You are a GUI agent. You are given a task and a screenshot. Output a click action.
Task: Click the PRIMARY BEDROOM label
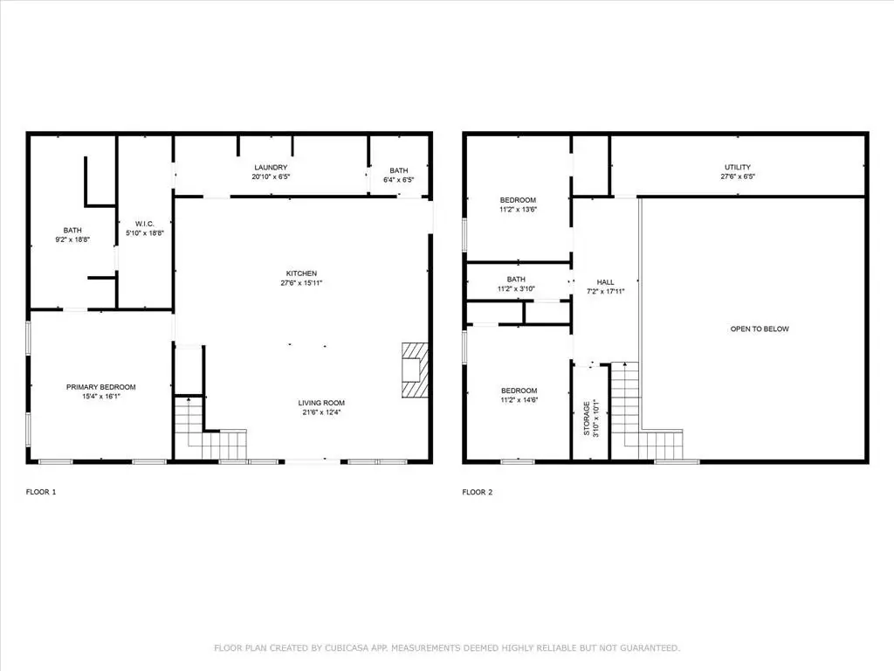coord(101,387)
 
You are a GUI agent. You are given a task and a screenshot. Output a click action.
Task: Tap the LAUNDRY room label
coord(271,167)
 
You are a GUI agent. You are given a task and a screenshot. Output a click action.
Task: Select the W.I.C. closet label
coord(145,224)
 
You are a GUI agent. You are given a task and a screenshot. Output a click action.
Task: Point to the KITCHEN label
coord(301,273)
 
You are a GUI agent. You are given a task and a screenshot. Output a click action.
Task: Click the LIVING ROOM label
coord(321,403)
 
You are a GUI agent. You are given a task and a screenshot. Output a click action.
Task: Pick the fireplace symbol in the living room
coord(415,370)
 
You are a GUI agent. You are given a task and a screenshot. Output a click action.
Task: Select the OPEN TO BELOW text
coord(760,329)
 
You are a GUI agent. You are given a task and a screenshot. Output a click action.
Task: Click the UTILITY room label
coord(738,167)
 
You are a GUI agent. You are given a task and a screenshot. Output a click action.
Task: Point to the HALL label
coord(606,282)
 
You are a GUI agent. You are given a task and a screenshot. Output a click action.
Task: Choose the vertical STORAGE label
coord(587,419)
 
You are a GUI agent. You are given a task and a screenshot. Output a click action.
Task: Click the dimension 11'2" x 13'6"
coord(519,210)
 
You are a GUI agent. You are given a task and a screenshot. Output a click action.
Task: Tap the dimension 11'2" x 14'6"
coord(519,400)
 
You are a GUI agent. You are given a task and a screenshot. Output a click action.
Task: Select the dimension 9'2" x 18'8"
coord(72,239)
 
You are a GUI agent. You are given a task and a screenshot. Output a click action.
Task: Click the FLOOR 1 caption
coord(41,492)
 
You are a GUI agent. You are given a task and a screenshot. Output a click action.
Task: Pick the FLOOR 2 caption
coord(478,492)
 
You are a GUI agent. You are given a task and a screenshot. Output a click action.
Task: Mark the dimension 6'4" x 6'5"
coord(398,180)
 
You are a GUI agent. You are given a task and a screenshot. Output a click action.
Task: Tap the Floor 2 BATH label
coord(516,279)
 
